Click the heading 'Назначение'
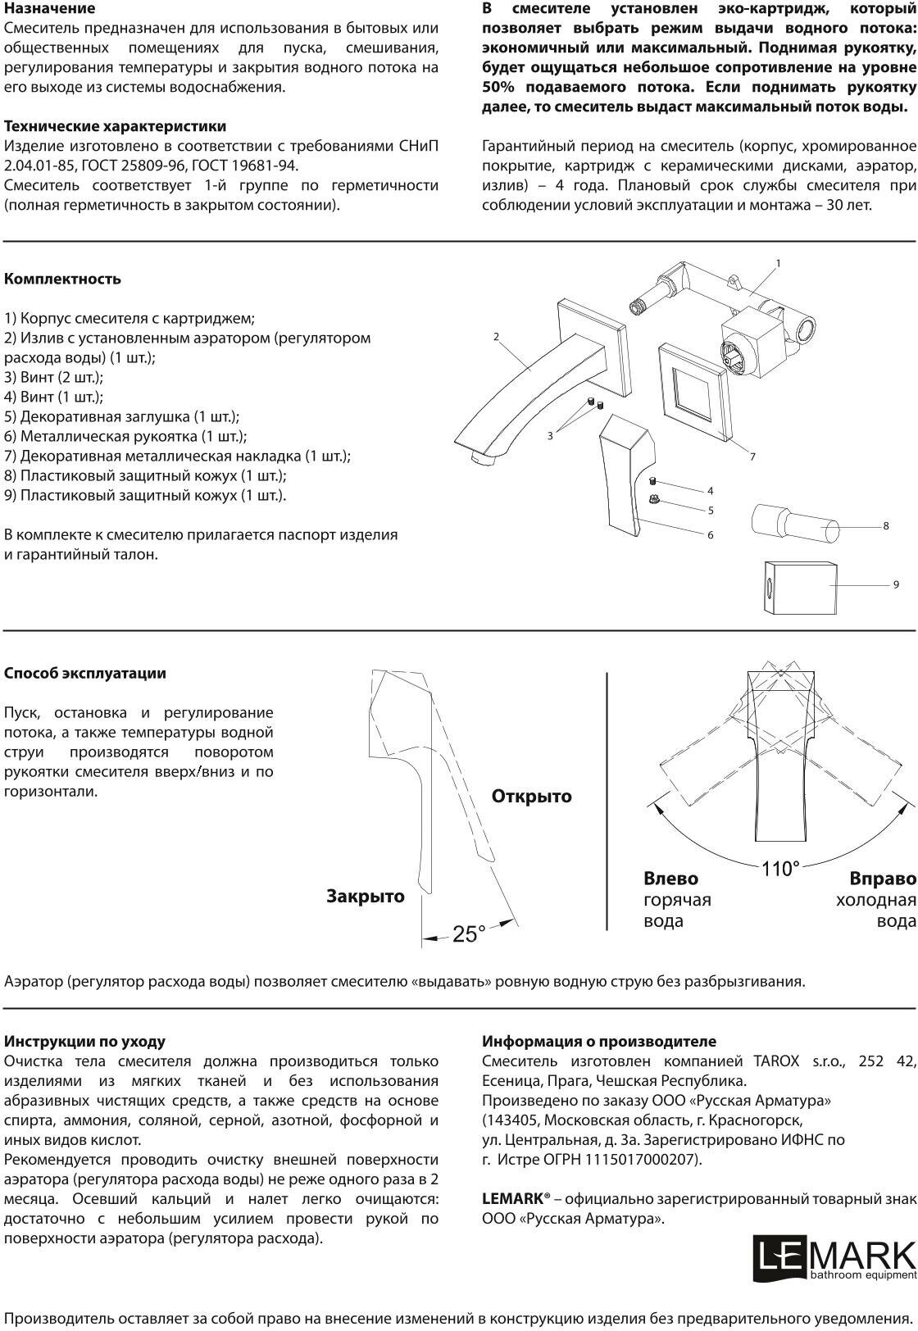click(50, 9)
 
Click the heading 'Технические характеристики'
click(116, 126)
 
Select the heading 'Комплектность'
click(63, 279)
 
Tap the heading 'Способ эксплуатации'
click(85, 673)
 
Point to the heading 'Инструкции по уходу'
click(85, 1041)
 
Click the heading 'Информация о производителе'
click(599, 1041)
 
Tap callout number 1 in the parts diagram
click(778, 263)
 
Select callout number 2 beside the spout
click(497, 336)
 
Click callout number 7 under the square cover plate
click(752, 457)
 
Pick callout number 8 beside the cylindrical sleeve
click(886, 525)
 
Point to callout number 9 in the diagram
click(896, 584)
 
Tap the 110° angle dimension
click(780, 869)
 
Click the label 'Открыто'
click(532, 796)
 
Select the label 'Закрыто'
click(366, 896)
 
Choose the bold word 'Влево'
click(671, 879)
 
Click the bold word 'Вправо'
click(883, 879)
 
